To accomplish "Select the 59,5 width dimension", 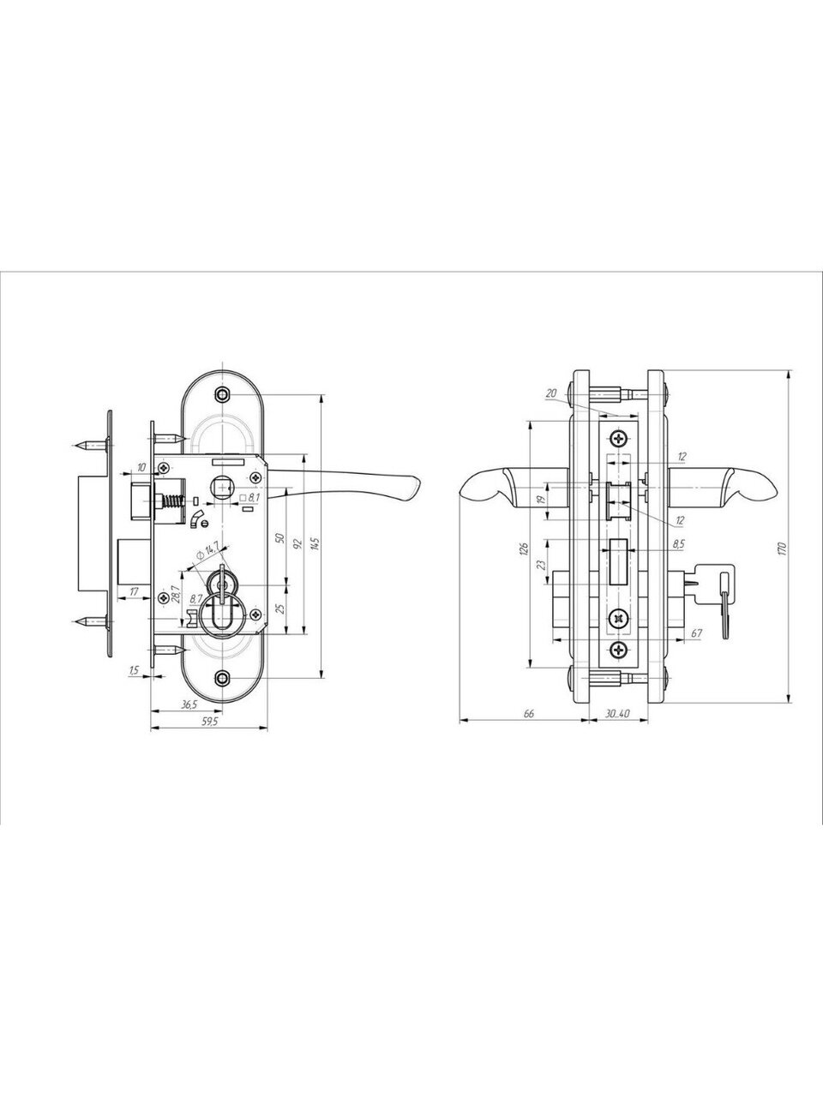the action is pyautogui.click(x=209, y=721).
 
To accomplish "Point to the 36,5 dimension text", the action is pyautogui.click(x=189, y=704).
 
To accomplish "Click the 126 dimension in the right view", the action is pyautogui.click(x=523, y=548).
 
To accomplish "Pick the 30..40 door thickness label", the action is pyautogui.click(x=617, y=714).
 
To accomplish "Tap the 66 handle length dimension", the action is pyautogui.click(x=529, y=714).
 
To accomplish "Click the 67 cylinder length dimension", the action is pyautogui.click(x=697, y=633).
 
